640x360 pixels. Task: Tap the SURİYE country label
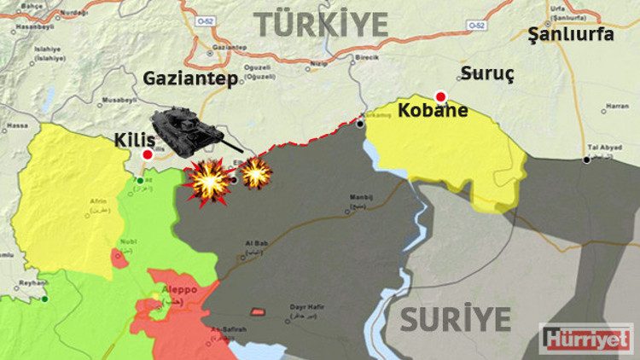point(456,321)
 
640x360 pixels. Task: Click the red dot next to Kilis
point(148,155)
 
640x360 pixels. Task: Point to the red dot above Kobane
point(440,96)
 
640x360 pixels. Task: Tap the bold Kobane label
point(433,111)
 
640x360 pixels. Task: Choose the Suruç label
point(487,73)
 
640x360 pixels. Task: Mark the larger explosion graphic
point(209,181)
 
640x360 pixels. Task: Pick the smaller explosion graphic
point(255,173)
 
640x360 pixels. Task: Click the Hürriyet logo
point(589,338)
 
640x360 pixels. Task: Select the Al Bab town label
point(257,245)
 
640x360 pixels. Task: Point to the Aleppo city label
point(176,290)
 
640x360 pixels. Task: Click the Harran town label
point(616,107)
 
